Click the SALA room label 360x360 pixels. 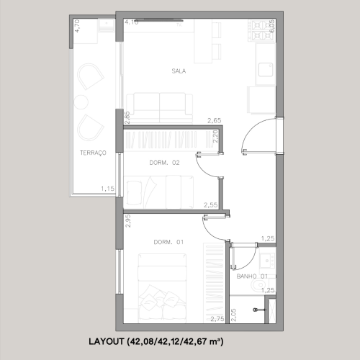(x=179, y=71)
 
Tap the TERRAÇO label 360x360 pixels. (x=93, y=153)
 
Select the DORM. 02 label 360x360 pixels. (x=164, y=163)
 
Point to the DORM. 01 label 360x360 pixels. (x=168, y=242)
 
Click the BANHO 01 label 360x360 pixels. (x=252, y=276)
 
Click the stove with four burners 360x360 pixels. (x=261, y=30)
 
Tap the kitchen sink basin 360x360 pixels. (x=266, y=70)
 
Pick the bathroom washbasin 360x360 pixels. (x=267, y=261)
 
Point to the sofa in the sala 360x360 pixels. (x=160, y=107)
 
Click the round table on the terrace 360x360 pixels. (x=81, y=102)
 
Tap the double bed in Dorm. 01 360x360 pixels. (x=162, y=288)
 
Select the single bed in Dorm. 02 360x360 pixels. (x=158, y=192)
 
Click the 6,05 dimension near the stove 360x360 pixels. (x=272, y=26)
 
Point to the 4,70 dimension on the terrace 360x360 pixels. (x=77, y=26)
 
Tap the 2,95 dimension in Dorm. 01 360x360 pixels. (x=128, y=221)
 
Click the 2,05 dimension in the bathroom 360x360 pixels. (x=233, y=315)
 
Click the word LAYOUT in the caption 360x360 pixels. (x=107, y=341)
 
